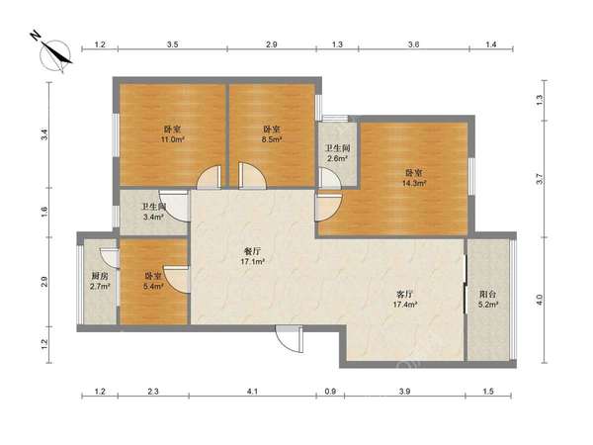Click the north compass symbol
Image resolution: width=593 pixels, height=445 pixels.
click(x=55, y=55)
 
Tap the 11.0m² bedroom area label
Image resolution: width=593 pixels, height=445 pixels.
click(x=172, y=134)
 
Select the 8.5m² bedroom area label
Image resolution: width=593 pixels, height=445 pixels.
click(x=272, y=134)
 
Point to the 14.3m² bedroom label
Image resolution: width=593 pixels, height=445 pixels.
click(x=414, y=178)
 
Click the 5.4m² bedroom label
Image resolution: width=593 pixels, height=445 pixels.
click(x=153, y=281)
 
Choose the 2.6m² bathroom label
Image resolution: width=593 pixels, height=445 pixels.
click(x=338, y=153)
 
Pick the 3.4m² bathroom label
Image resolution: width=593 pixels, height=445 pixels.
click(x=153, y=212)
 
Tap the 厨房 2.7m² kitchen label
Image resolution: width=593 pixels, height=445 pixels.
click(x=100, y=281)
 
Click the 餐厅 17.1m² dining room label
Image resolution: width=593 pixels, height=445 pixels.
click(x=252, y=256)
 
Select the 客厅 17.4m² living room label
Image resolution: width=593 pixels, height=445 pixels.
click(x=404, y=299)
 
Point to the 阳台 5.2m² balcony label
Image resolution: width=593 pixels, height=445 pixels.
click(x=488, y=299)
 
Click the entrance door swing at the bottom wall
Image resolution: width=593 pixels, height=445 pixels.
click(x=290, y=338)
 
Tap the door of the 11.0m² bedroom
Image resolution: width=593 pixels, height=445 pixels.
click(x=209, y=177)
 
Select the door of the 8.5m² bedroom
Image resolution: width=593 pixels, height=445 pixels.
click(x=252, y=176)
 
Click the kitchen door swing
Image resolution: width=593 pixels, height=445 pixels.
click(x=110, y=258)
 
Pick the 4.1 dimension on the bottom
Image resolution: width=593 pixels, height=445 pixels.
click(x=252, y=392)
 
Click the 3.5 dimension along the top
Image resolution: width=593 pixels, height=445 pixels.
click(x=172, y=44)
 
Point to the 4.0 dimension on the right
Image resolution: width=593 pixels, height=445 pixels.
click(x=540, y=300)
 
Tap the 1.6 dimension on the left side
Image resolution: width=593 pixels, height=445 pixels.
click(x=44, y=212)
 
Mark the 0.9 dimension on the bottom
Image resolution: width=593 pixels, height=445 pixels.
click(x=330, y=392)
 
